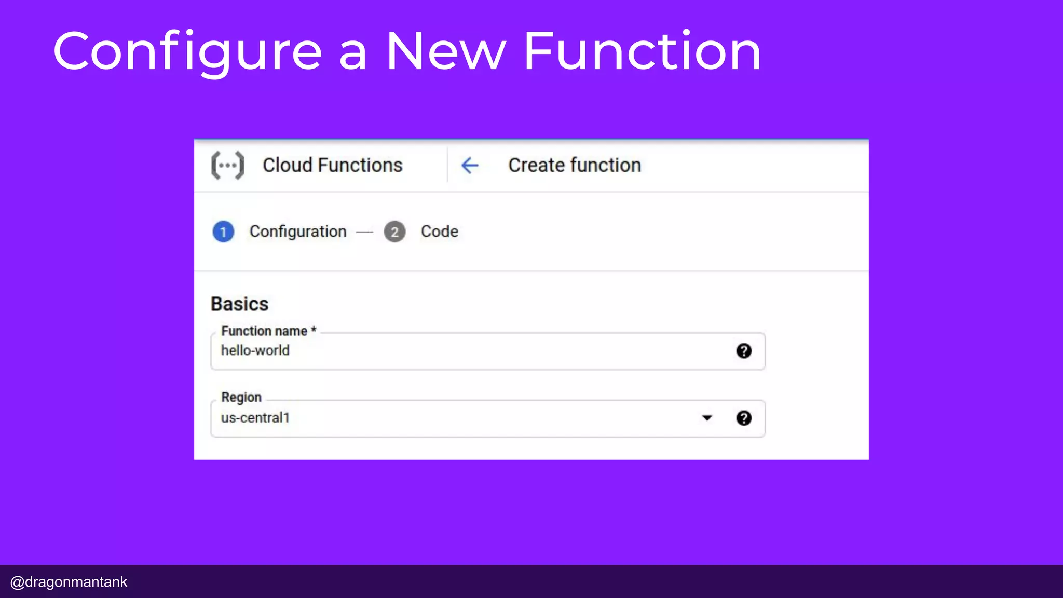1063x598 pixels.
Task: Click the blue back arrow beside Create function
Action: coord(470,166)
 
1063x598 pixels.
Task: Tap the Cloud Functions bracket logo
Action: coord(227,166)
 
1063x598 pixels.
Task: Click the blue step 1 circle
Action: coord(223,232)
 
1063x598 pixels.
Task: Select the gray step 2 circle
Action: coord(394,232)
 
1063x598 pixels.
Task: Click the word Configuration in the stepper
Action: coord(298,232)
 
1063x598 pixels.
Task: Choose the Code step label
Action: coord(439,232)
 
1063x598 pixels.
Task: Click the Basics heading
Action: coord(239,304)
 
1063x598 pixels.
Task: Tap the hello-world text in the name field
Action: coord(255,351)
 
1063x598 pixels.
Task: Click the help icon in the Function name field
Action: coord(743,351)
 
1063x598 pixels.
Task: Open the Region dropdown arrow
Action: coord(707,418)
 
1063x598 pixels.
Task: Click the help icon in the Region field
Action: coord(743,418)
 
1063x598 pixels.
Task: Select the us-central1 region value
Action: coord(255,418)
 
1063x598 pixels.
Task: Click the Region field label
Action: coord(241,397)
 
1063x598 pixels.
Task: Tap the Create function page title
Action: coord(574,166)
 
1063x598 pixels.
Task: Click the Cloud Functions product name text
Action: coord(332,166)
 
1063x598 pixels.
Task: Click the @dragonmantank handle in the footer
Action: coord(69,582)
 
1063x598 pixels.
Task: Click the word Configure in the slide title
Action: coord(187,52)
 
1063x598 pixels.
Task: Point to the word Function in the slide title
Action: coord(642,52)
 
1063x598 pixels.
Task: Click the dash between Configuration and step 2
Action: coord(364,232)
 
